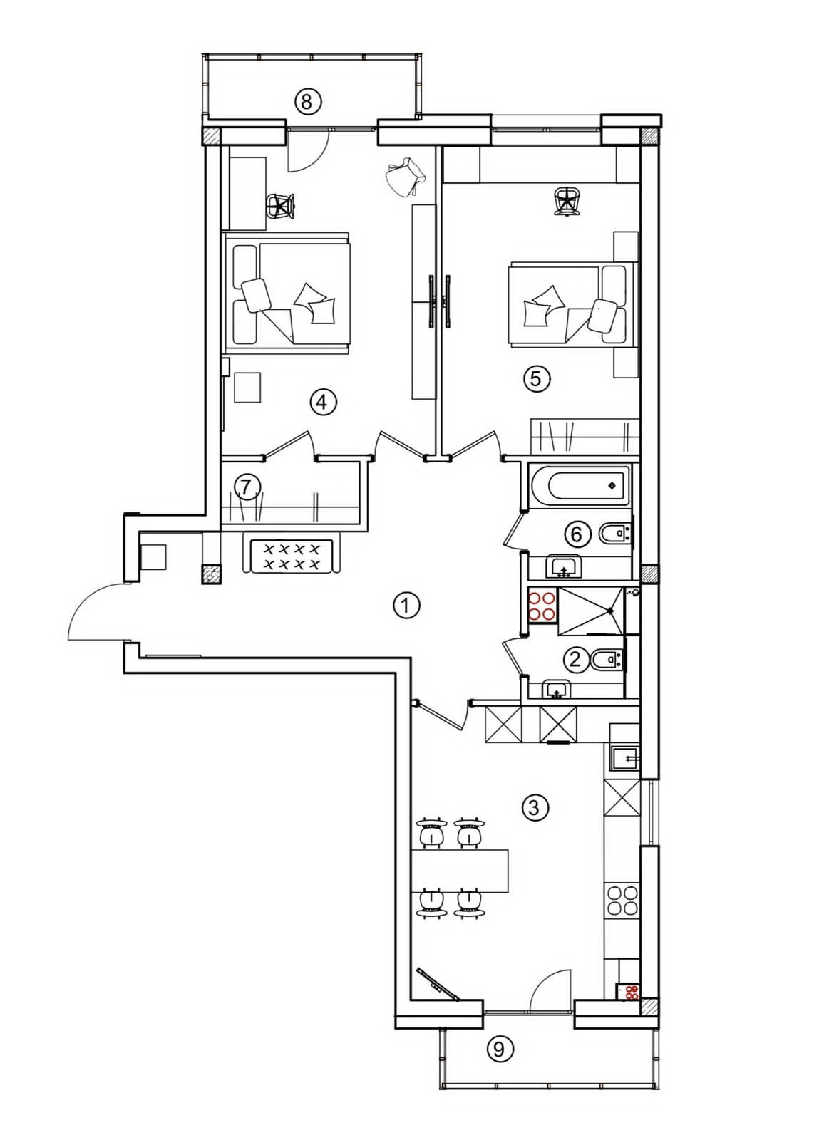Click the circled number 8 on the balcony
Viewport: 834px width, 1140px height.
[x=307, y=101]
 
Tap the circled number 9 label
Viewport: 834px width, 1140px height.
[x=499, y=1049]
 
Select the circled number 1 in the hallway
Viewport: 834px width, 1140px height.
[x=406, y=606]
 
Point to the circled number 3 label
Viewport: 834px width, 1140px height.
[x=535, y=807]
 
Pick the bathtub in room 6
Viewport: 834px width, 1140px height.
[x=579, y=485]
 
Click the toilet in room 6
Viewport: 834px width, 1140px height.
[x=614, y=534]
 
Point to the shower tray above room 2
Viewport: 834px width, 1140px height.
[x=591, y=611]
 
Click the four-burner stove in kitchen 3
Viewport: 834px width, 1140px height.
[x=622, y=901]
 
